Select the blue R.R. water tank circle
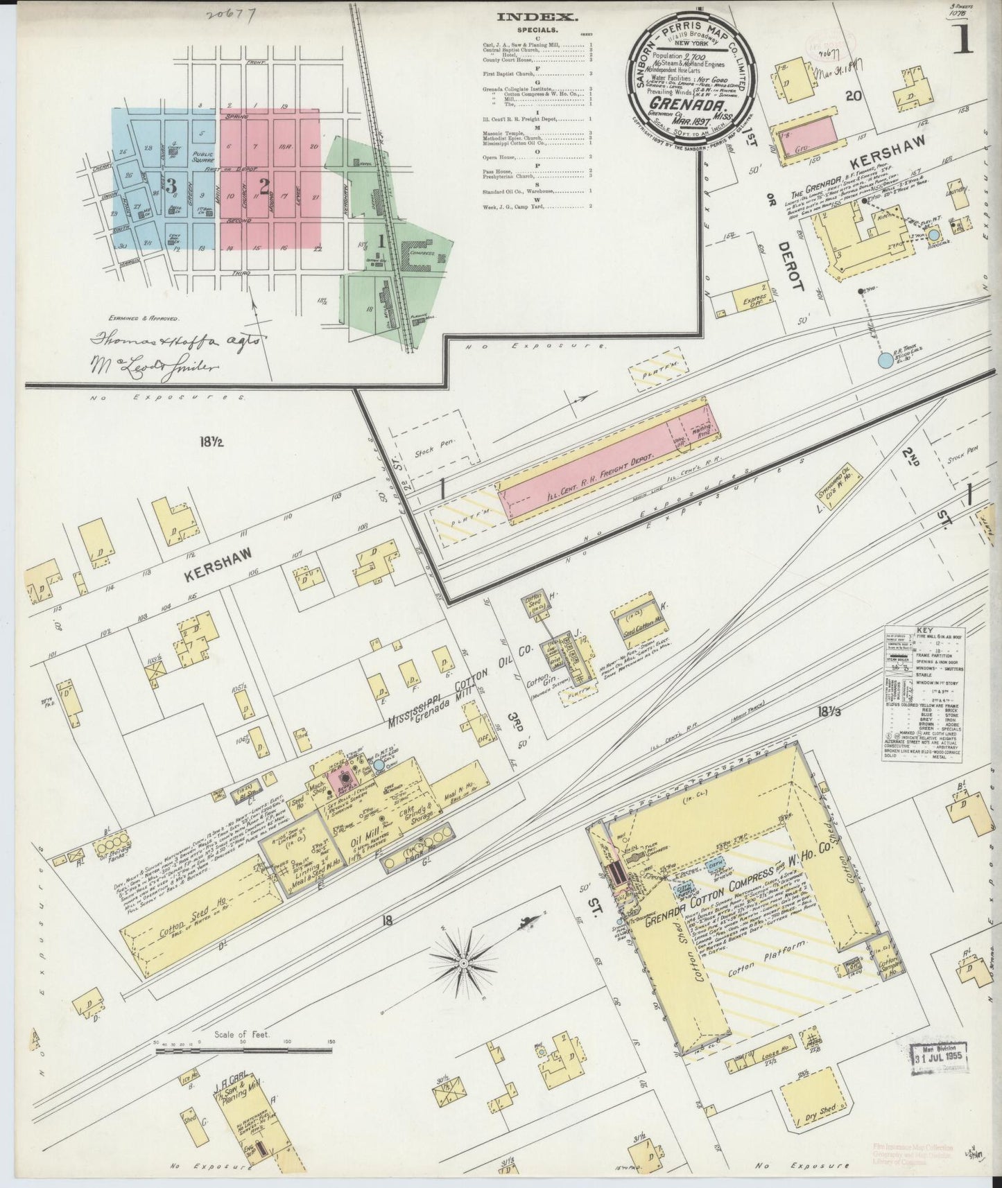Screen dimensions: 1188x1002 coord(886,360)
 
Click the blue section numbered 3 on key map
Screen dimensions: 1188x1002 coord(170,185)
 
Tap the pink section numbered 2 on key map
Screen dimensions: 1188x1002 coord(264,185)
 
